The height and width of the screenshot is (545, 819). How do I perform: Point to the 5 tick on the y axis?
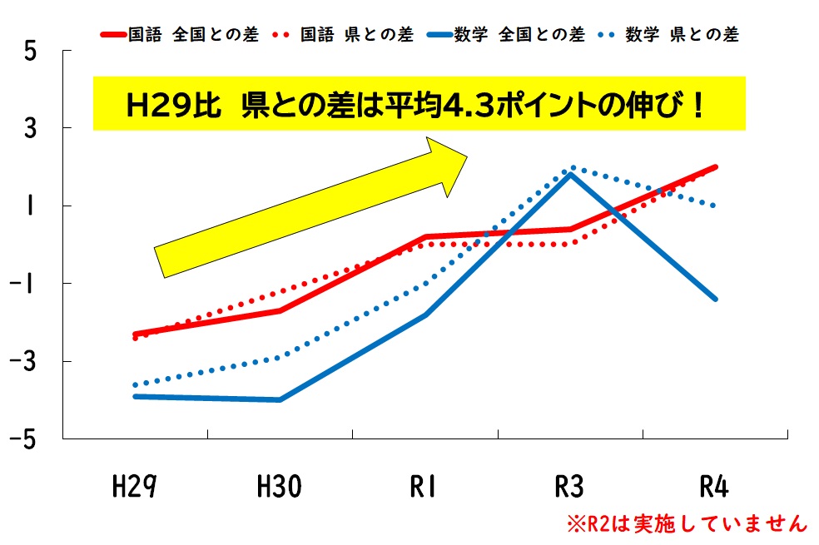pyautogui.click(x=31, y=51)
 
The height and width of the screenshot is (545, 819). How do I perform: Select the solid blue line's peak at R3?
pyautogui.click(x=570, y=174)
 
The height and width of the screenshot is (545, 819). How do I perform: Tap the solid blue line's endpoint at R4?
pyautogui.click(x=715, y=299)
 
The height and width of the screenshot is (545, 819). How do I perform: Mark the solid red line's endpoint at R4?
pyautogui.click(x=715, y=167)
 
